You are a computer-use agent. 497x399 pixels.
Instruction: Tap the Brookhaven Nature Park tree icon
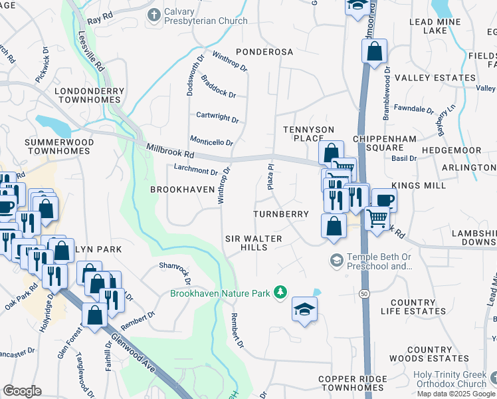(281, 292)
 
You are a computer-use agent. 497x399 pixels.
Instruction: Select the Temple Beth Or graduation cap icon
(336, 259)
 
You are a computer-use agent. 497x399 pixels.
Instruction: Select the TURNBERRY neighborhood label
(281, 214)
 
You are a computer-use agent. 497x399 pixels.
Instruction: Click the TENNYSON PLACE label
(303, 133)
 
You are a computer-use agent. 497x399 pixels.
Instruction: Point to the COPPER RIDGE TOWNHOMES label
(351, 383)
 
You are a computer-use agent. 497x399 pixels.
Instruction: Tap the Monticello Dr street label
(212, 142)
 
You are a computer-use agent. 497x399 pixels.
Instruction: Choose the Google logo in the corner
(22, 391)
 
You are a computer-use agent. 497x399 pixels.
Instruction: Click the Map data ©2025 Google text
(456, 394)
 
